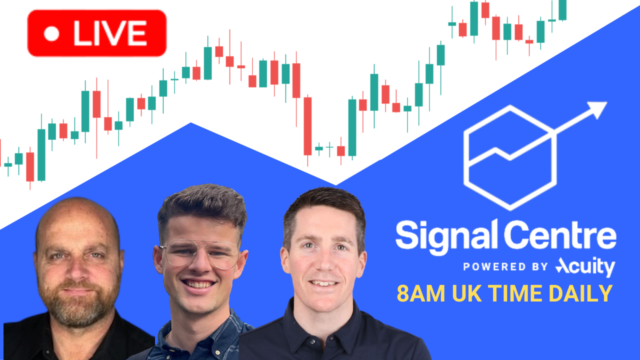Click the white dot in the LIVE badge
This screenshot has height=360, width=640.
[51, 33]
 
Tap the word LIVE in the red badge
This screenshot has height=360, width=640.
[110, 33]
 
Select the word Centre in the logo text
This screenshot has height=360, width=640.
[560, 235]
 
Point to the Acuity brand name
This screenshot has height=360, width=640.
[585, 267]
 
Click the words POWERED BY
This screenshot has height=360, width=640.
[505, 267]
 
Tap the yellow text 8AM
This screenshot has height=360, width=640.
[421, 293]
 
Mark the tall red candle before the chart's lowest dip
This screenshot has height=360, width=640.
[307, 126]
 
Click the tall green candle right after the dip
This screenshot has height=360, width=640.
[352, 127]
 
